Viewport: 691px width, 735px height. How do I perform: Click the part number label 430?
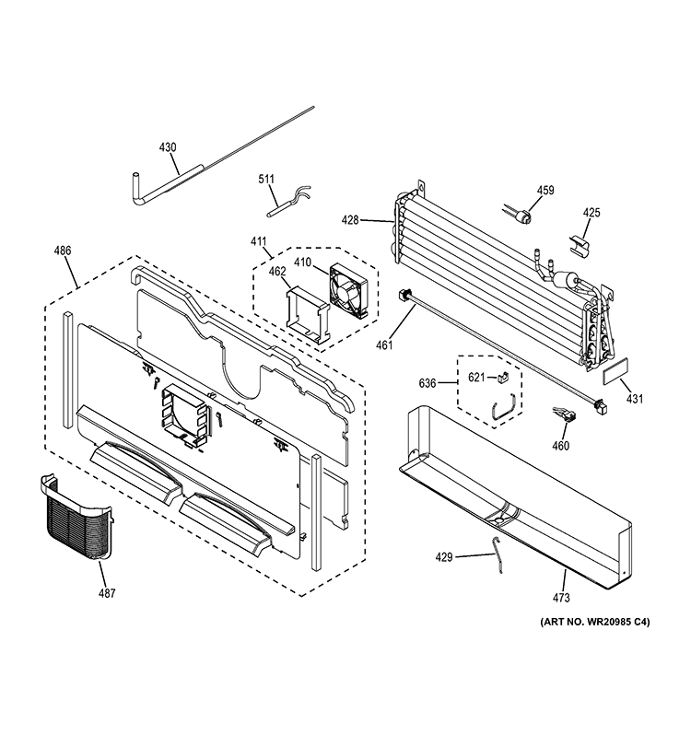tap(168, 146)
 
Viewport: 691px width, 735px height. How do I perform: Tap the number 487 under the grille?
tap(107, 593)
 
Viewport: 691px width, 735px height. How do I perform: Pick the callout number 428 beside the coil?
tap(375, 220)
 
